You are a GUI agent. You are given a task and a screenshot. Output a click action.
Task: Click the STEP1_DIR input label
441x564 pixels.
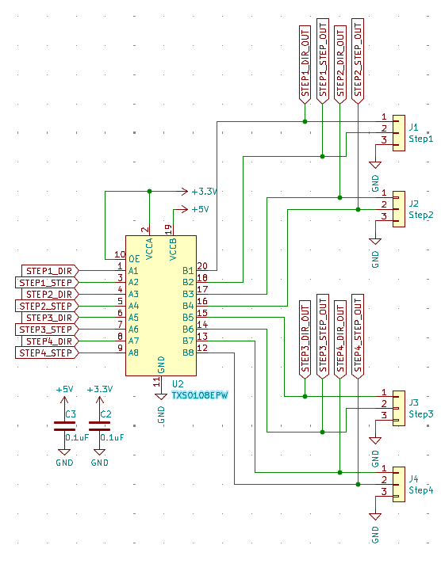(x=50, y=270)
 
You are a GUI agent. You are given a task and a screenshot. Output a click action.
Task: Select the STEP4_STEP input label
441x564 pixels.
(x=47, y=352)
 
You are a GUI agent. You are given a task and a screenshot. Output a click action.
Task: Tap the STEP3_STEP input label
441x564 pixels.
(x=47, y=329)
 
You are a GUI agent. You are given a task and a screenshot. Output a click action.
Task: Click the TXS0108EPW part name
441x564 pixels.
(x=200, y=395)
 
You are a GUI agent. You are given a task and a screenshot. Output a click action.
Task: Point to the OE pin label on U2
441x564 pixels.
(x=134, y=259)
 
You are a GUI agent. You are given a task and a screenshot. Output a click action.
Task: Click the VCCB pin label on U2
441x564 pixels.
(x=173, y=249)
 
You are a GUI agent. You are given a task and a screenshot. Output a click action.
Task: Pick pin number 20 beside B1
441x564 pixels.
(x=202, y=266)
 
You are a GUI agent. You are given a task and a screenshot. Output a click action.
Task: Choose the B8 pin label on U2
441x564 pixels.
(x=188, y=352)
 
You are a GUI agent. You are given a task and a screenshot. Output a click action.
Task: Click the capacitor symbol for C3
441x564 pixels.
(x=64, y=426)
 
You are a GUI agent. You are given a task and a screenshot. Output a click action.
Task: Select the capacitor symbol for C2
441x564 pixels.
(x=99, y=426)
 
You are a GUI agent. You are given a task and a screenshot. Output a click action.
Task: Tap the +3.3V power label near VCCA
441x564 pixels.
(x=205, y=192)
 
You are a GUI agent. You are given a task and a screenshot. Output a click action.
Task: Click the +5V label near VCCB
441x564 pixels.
(x=200, y=209)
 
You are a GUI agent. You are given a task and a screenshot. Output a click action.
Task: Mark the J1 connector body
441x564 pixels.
(x=399, y=133)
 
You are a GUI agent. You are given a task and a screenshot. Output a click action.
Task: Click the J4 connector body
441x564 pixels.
(x=399, y=484)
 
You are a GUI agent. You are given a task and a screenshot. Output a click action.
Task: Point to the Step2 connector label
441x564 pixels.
(x=421, y=215)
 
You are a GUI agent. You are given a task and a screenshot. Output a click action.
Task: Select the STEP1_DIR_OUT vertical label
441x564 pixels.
(x=305, y=65)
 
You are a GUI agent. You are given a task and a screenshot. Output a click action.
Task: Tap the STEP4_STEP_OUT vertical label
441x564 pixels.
(x=358, y=337)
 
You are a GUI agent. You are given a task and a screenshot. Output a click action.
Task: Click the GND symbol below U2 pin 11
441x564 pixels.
(x=161, y=396)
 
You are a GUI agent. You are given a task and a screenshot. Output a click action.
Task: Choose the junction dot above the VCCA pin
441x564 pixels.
(x=150, y=192)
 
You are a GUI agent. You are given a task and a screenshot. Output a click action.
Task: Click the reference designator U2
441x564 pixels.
(x=178, y=384)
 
